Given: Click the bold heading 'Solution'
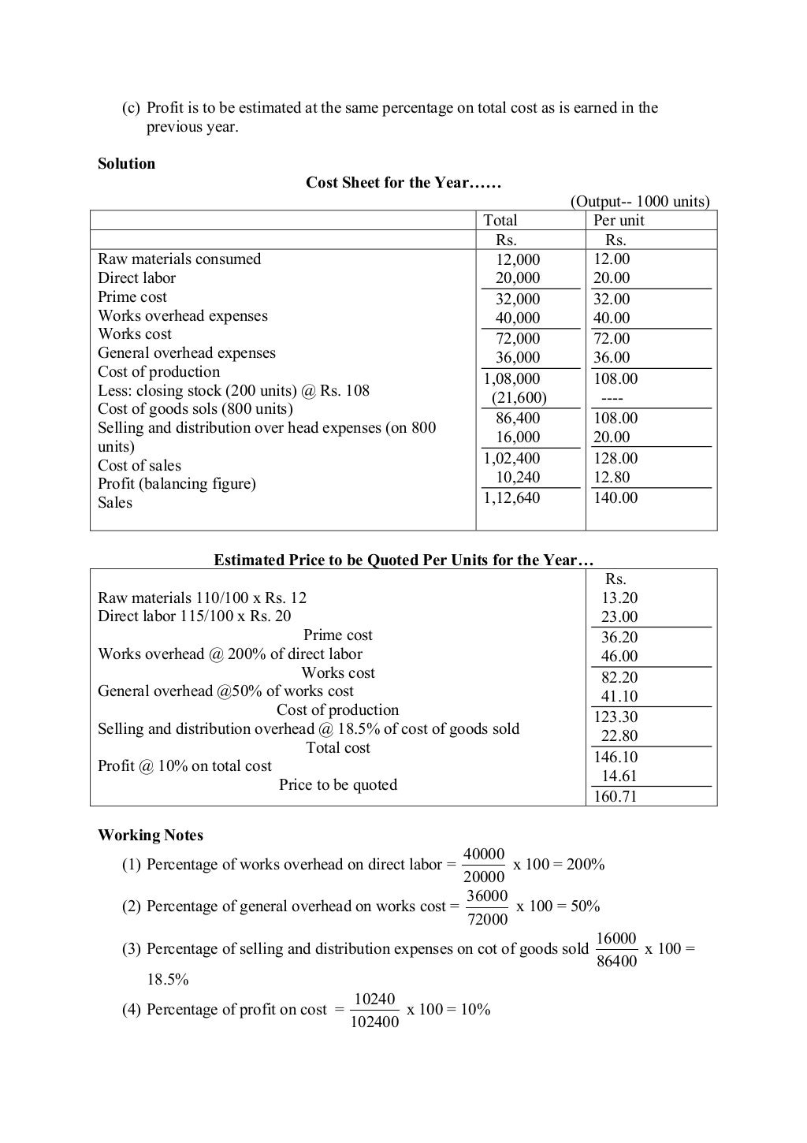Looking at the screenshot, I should point(126,164).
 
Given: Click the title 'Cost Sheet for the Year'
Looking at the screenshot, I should point(403,183).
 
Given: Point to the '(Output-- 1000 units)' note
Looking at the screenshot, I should point(639,202).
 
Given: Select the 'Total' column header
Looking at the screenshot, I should point(500,221).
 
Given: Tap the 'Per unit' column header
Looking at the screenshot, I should point(619,221).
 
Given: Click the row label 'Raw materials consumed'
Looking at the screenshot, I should point(179,259).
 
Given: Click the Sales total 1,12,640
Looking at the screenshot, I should point(511,497).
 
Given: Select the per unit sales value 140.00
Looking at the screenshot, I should point(615,497).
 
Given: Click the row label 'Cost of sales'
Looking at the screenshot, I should point(139,466).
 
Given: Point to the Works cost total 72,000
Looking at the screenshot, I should point(518,338).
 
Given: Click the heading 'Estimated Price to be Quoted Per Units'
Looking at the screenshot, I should point(403,560).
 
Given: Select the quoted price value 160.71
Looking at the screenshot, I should point(615,796).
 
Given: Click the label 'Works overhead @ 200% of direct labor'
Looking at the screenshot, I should point(230,654).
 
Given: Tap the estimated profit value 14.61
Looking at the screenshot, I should point(619,776).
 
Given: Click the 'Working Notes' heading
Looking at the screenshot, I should point(151,836).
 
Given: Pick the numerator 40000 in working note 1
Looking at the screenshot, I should point(484,854).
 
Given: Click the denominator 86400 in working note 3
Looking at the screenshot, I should point(617,961).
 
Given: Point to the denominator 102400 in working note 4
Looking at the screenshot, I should point(374,1022).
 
